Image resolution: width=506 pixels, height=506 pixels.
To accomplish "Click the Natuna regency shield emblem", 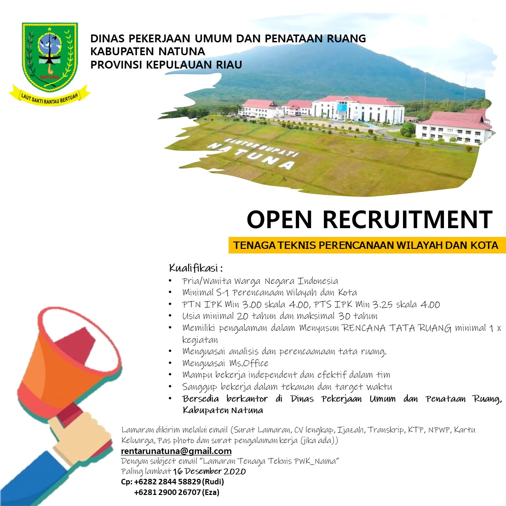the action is [x=50, y=57].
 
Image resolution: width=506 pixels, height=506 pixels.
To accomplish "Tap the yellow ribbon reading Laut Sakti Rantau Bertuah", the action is [x=50, y=96].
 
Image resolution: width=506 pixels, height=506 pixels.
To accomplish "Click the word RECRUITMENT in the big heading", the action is [x=408, y=220].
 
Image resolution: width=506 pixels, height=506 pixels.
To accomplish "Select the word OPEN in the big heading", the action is [x=279, y=220].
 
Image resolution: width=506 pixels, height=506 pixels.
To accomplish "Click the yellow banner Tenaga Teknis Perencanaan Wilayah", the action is [x=367, y=245].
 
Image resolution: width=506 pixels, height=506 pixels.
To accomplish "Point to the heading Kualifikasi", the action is [x=195, y=268].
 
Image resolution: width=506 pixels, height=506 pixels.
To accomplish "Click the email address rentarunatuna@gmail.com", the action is [x=176, y=451].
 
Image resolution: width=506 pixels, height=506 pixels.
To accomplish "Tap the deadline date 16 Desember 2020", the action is [x=209, y=471].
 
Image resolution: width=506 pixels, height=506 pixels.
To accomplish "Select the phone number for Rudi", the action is [x=167, y=482].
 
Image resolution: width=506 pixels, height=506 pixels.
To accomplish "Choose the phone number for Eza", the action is [x=167, y=493].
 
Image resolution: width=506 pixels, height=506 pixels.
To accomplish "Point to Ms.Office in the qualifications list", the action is [x=249, y=363].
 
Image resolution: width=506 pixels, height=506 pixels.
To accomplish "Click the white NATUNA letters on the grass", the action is [x=251, y=156].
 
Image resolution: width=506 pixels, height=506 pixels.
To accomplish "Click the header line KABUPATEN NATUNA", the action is [x=148, y=52].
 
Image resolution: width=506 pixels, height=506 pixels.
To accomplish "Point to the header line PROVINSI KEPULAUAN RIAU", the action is [x=166, y=65].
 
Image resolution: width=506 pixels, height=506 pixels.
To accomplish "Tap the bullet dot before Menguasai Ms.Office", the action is [x=170, y=363].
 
